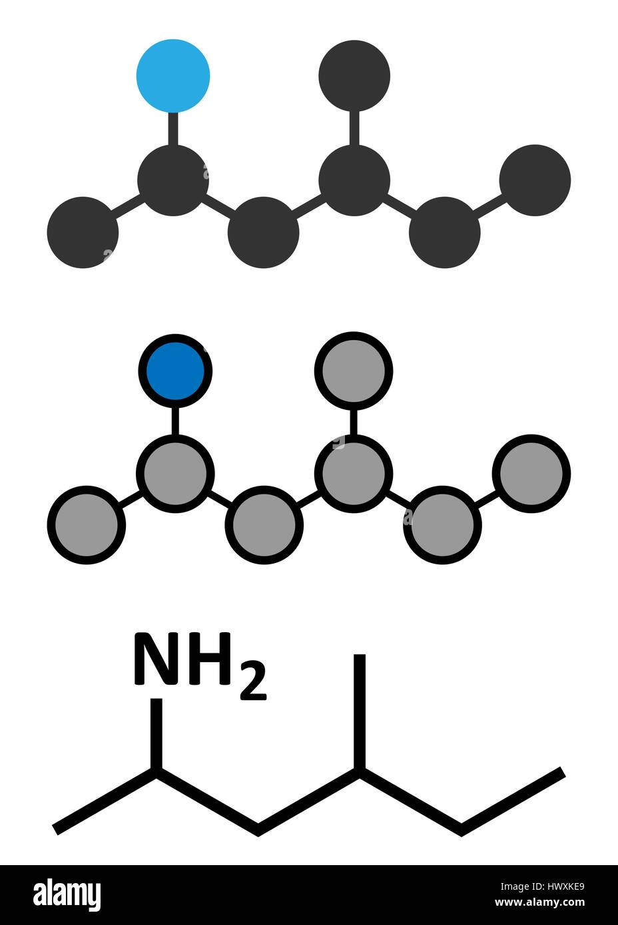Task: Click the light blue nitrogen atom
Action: coord(173,76)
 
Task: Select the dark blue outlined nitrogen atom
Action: coord(175,371)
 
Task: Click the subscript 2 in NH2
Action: coord(253,685)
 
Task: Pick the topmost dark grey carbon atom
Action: coord(354,75)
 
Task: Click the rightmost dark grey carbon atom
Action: coord(535,180)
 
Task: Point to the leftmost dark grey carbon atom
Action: coord(83,233)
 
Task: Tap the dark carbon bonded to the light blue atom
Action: coord(173,180)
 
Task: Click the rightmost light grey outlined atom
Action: coord(531,474)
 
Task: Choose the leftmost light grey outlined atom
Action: coord(87,525)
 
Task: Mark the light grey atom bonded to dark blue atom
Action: coord(175,474)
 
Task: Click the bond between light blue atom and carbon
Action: coord(173,128)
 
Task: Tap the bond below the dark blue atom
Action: coord(175,421)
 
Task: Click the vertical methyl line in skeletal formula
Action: coord(360,712)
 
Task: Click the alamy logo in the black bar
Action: coord(67,894)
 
